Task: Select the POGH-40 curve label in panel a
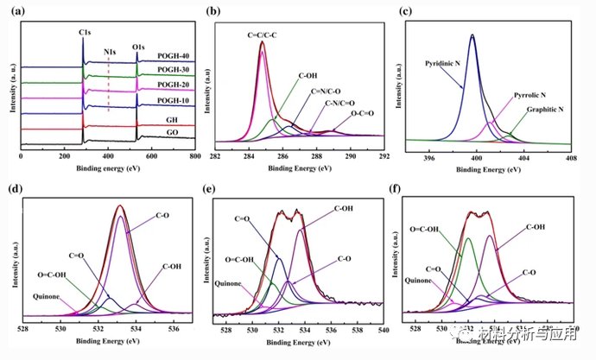click(173, 58)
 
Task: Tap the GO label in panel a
click(173, 134)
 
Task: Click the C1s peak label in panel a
click(86, 33)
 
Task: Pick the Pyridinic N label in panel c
click(448, 64)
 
